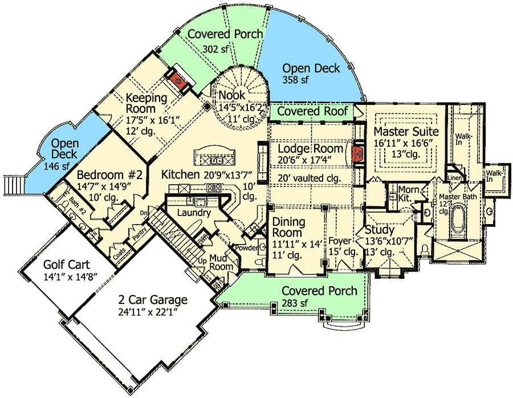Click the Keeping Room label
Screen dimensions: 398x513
pos(146,103)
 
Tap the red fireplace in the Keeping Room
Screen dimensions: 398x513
pos(177,81)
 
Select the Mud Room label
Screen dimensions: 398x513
pos(222,262)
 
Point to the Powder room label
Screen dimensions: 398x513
pos(247,247)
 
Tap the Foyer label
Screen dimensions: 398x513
pos(340,241)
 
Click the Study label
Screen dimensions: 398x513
pos(379,230)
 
